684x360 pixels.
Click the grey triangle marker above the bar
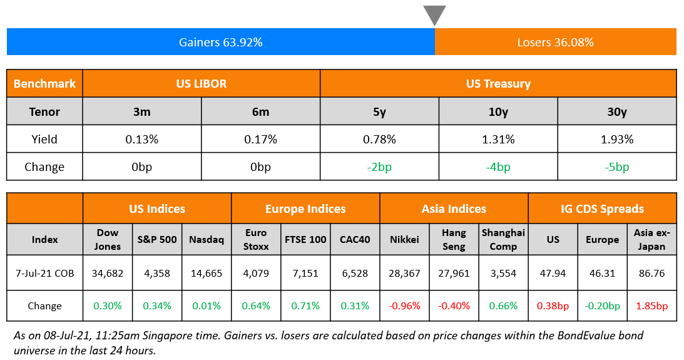[x=434, y=14]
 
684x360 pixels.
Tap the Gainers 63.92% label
[x=220, y=43]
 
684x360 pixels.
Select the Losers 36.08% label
[x=555, y=43]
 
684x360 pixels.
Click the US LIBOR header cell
[x=201, y=83]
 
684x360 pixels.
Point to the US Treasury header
[x=498, y=83]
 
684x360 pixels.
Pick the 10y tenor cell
[x=498, y=111]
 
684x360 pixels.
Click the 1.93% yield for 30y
[x=616, y=139]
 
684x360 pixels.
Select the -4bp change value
[x=498, y=167]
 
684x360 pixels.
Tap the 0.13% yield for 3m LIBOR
[x=141, y=139]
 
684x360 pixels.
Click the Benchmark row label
[x=44, y=83]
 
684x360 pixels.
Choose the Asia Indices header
[x=454, y=208]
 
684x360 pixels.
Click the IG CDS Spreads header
[x=602, y=208]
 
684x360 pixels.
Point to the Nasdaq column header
[x=207, y=239]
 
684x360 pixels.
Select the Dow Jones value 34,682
[x=107, y=273]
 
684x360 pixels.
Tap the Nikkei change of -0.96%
[x=404, y=306]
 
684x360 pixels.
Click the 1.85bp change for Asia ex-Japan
[x=651, y=306]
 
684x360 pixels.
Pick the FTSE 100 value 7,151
[x=305, y=273]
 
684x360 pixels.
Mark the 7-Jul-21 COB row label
[x=44, y=273]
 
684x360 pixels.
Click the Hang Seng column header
[x=454, y=239]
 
